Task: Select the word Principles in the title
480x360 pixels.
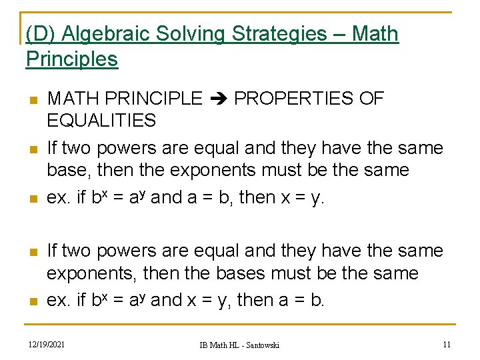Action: point(72,59)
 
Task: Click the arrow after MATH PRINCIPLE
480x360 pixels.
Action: point(218,99)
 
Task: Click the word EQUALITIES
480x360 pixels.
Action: point(101,121)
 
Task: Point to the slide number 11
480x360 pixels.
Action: point(447,344)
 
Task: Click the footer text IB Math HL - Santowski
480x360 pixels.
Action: point(239,345)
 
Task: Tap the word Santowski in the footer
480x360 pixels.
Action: point(261,345)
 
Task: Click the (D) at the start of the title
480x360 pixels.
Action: point(38,34)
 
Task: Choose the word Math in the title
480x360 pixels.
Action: point(376,34)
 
